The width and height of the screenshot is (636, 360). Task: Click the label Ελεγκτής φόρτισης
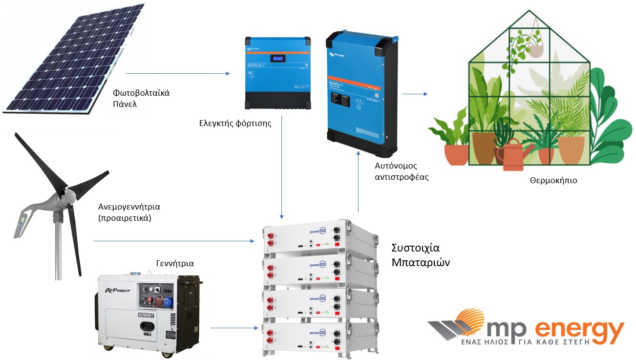(x=235, y=124)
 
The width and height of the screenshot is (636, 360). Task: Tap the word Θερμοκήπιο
(x=553, y=180)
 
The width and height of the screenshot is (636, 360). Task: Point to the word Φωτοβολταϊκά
(x=141, y=92)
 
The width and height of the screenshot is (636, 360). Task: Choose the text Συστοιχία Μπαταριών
(x=421, y=254)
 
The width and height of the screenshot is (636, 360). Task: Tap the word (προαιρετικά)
(x=125, y=218)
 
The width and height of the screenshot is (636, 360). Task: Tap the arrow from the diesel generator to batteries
(x=234, y=328)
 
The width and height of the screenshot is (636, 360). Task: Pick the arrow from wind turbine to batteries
(x=173, y=241)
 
